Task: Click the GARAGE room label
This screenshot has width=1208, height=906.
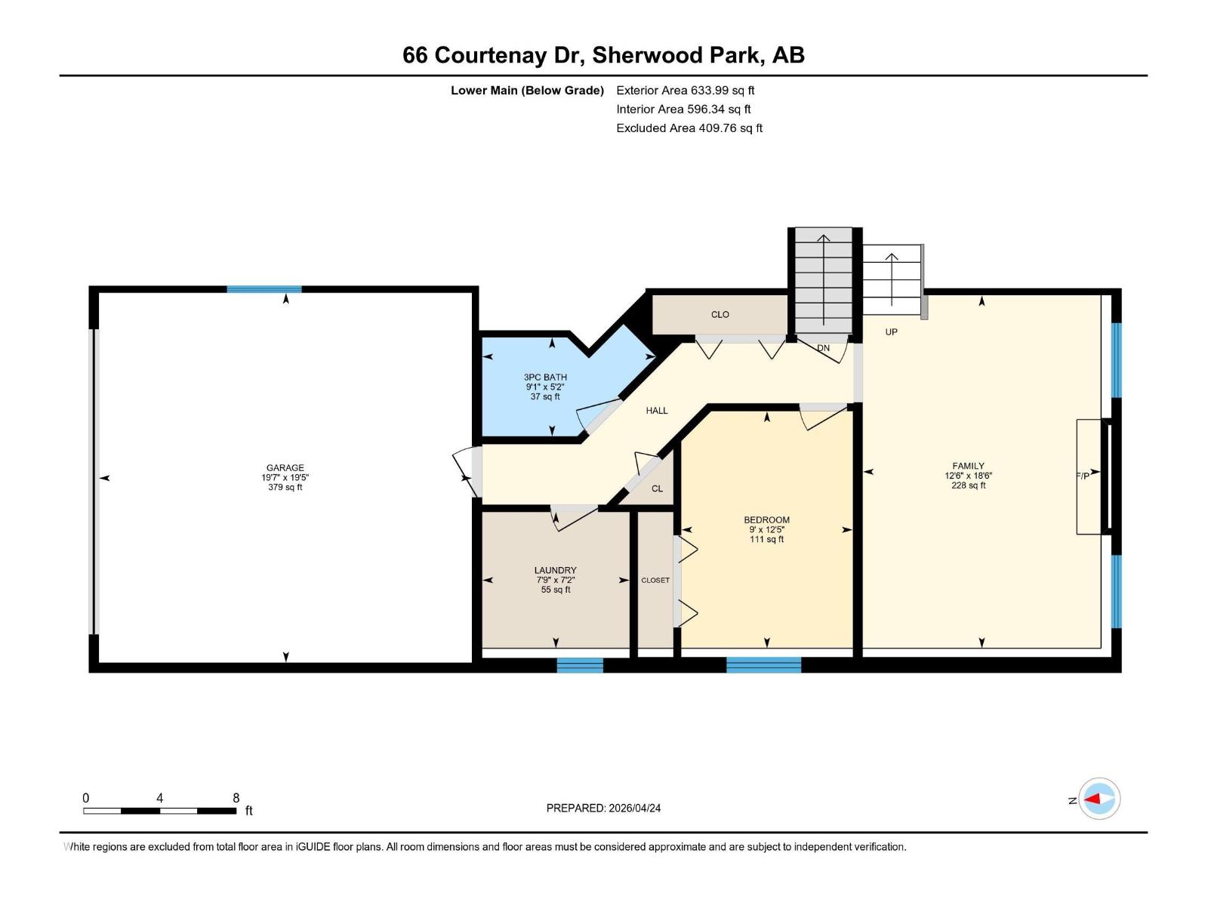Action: (x=285, y=468)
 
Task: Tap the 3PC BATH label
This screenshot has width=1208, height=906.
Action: (x=545, y=377)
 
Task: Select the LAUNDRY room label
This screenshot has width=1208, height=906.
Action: (x=555, y=571)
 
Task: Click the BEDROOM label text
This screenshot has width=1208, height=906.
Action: (x=766, y=520)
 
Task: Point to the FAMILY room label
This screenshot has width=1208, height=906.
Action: (x=968, y=467)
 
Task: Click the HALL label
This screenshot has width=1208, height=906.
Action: (x=656, y=411)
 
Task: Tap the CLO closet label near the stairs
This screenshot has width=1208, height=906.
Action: (x=720, y=315)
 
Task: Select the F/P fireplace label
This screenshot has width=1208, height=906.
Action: (x=1083, y=476)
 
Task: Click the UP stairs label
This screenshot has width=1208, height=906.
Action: (x=891, y=332)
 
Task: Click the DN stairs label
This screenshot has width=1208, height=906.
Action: (x=823, y=348)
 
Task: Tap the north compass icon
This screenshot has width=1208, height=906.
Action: (x=1099, y=799)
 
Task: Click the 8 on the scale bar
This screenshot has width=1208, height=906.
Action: (x=236, y=798)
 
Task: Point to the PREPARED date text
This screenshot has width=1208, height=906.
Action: (x=603, y=808)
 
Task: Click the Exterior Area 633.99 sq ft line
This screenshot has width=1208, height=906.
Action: (x=685, y=91)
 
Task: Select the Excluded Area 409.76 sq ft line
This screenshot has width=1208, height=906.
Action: (x=689, y=128)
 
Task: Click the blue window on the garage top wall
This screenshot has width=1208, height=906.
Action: (x=264, y=289)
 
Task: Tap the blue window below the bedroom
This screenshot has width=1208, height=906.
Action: (x=763, y=664)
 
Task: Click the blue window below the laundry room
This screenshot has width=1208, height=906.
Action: (x=580, y=664)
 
